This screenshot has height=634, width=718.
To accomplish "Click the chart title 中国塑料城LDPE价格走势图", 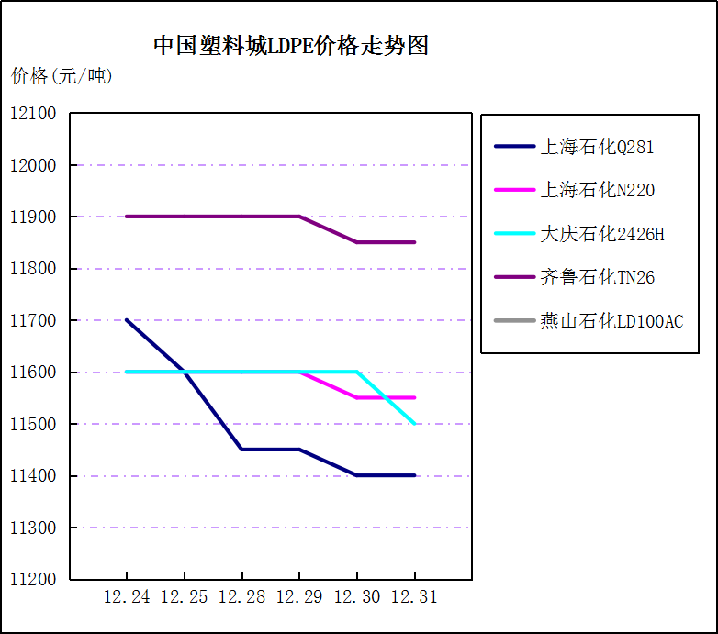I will (290, 46).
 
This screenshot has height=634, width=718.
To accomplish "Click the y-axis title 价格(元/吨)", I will (62, 76).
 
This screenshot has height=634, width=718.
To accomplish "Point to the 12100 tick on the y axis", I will (33, 114).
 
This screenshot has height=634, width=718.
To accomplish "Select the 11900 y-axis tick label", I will (33, 217).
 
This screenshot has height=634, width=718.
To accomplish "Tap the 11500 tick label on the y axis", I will (33, 425).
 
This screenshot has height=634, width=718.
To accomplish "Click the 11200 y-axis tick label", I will (33, 580).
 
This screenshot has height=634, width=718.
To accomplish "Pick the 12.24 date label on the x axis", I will (127, 597).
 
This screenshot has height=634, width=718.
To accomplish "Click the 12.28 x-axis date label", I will (241, 597).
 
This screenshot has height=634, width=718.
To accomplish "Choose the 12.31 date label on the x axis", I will (414, 597).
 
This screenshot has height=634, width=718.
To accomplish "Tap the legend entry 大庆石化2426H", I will (601, 234).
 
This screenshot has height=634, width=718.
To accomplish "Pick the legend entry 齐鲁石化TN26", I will (597, 277).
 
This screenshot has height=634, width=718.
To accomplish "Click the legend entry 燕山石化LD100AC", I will (611, 321).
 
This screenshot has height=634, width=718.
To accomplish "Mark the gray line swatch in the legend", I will (514, 321).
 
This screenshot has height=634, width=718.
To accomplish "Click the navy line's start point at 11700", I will (127, 320).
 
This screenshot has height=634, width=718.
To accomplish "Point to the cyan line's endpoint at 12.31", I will (414, 424).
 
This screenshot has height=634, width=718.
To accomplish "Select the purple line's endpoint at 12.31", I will (414, 242).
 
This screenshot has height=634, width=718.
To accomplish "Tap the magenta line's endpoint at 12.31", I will (414, 397).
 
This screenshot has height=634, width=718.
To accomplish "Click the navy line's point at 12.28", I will (241, 450).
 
